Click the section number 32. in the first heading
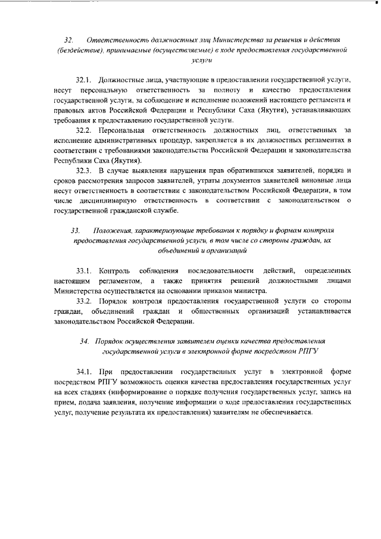point(68,40)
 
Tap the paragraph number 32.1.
point(85,79)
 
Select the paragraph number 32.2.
point(85,129)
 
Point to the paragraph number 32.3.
point(85,170)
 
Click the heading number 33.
point(75,230)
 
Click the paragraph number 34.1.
point(85,372)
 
